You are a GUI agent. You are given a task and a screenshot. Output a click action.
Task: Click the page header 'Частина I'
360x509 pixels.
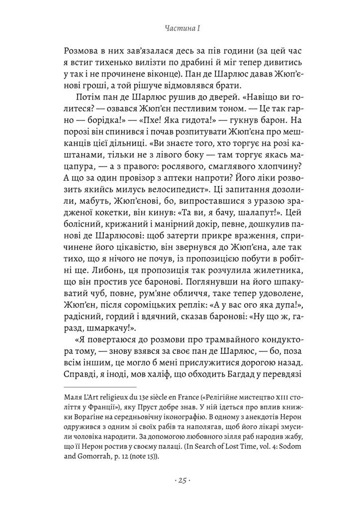(x=180, y=29)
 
